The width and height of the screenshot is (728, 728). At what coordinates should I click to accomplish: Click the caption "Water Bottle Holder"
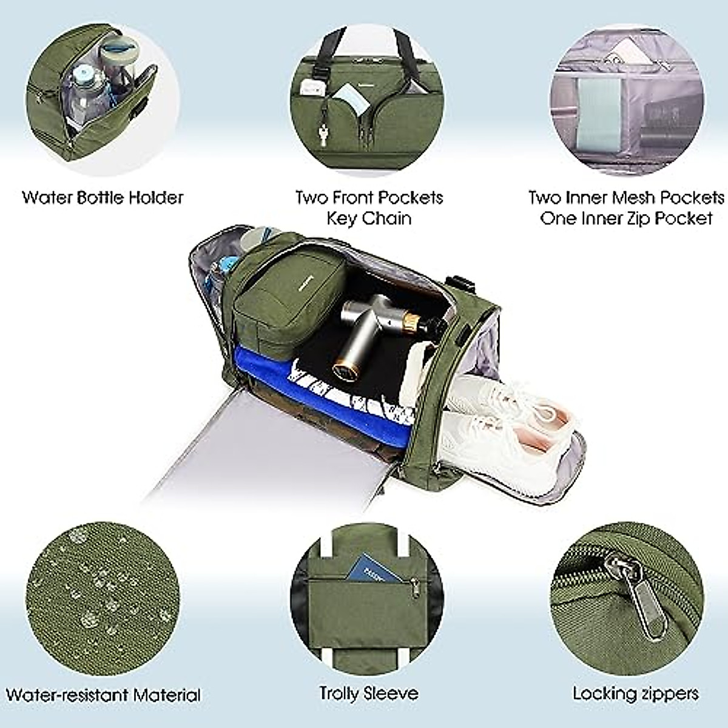pyautogui.click(x=103, y=198)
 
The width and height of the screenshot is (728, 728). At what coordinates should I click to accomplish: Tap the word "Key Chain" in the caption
pyautogui.click(x=369, y=218)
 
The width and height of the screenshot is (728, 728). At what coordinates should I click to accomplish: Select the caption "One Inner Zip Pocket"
pyautogui.click(x=625, y=218)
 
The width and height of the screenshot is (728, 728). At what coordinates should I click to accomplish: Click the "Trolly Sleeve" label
pyautogui.click(x=369, y=693)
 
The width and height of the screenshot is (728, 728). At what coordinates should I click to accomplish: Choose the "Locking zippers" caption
pyautogui.click(x=635, y=693)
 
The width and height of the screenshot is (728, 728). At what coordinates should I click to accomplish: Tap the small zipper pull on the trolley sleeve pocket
pyautogui.click(x=416, y=586)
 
